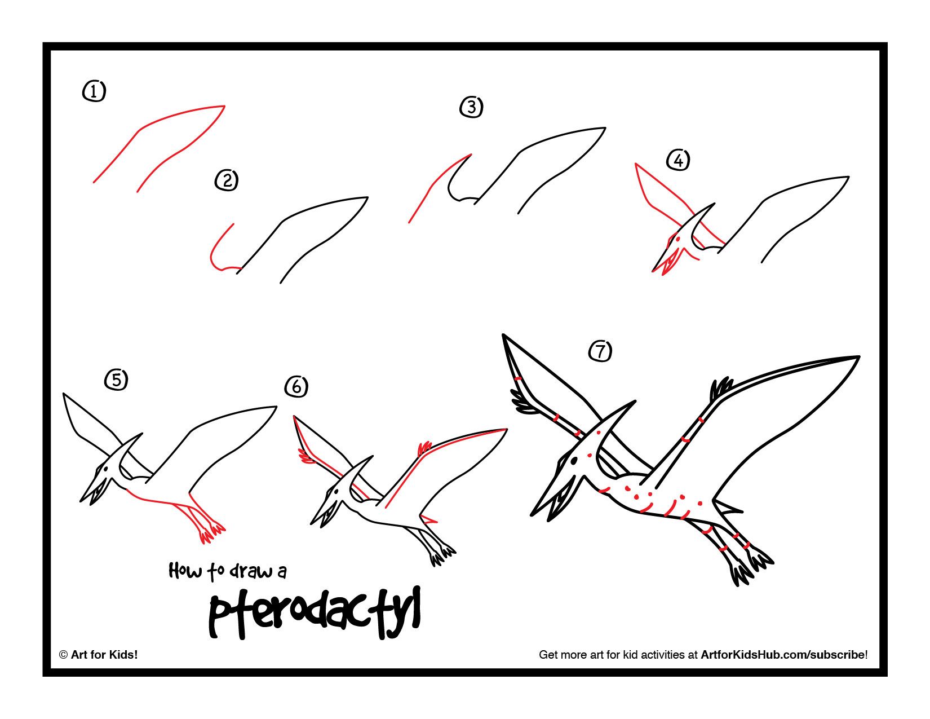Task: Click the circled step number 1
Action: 94,91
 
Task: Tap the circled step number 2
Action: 227,180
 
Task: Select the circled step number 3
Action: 472,107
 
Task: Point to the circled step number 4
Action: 678,161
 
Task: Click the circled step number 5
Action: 116,380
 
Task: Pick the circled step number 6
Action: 297,387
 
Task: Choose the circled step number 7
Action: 600,351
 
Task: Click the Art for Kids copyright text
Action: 99,655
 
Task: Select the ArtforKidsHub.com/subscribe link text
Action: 783,655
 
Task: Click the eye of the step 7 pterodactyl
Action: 574,461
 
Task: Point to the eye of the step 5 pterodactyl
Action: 104,469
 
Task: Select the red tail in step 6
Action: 430,519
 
